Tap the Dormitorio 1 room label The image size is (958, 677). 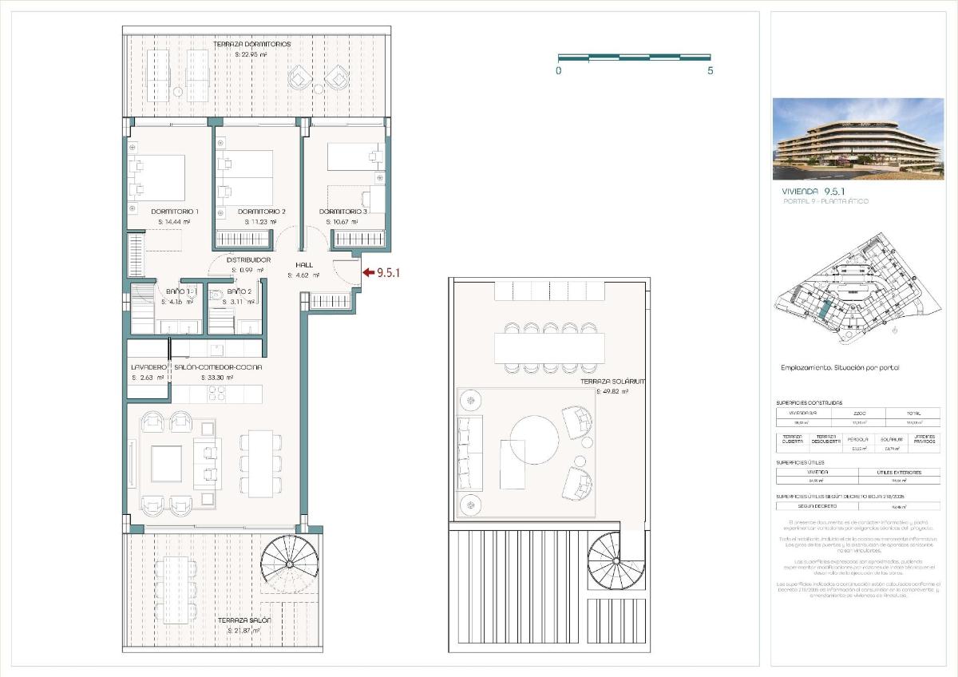point(175,212)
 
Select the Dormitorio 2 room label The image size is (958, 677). point(262,212)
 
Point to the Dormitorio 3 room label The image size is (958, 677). point(343,212)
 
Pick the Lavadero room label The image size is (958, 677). point(148,367)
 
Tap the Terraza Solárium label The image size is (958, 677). point(613,382)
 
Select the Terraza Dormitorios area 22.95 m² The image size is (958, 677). point(257,54)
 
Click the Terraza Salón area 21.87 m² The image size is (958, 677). point(243,631)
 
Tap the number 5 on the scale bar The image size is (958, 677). point(711,70)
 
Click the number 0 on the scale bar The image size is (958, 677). point(559,70)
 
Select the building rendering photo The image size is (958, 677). point(858,139)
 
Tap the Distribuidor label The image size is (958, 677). point(248,260)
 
